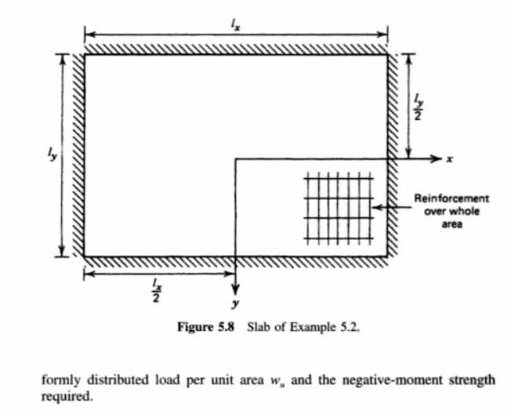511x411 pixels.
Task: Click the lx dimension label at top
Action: [235, 24]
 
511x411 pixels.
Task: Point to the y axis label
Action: [236, 302]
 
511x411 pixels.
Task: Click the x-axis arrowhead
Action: [437, 158]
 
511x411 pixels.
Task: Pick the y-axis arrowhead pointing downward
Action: [236, 287]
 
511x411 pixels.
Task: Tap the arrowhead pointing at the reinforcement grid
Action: [376, 207]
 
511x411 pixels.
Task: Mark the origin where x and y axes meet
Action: [236, 158]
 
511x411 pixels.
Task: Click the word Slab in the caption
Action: [259, 326]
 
